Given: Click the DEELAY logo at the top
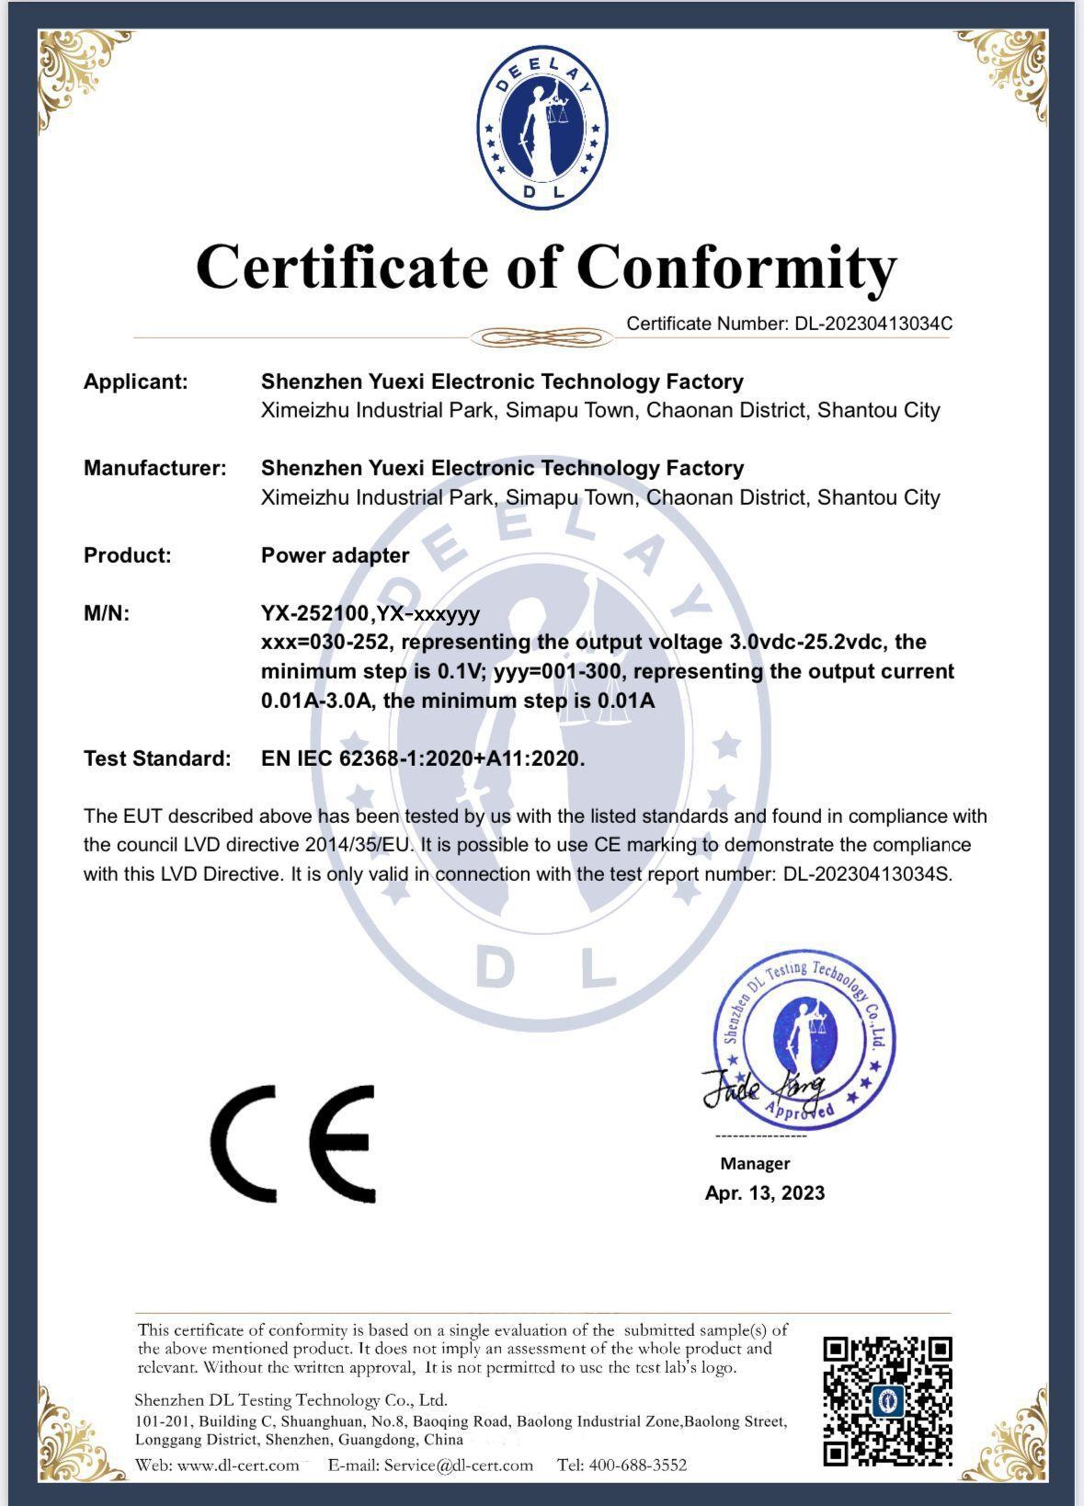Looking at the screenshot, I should tap(542, 128).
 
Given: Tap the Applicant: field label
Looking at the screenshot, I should tap(136, 382).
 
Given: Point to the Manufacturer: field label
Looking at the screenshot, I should tap(154, 468).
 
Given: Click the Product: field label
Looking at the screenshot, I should tap(128, 555).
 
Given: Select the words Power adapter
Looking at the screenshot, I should tap(335, 555).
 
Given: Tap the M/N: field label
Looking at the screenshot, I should tap(107, 613).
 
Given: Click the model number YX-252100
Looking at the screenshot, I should tap(315, 613).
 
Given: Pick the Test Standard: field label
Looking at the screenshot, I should tap(157, 759).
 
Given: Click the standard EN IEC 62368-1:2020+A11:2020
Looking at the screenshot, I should tap(423, 759).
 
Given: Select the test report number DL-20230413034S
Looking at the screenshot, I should tap(867, 873).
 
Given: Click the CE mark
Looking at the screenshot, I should tap(293, 1144).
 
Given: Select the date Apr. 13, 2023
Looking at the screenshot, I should tap(765, 1192).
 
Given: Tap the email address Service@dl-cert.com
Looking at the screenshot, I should tap(458, 1465).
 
